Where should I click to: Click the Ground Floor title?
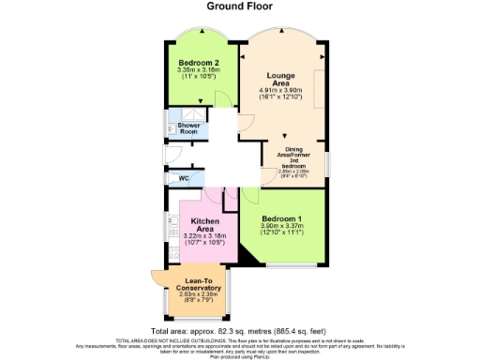[x=240, y=6]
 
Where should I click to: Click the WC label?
[x=184, y=177]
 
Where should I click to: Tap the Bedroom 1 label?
[x=287, y=217]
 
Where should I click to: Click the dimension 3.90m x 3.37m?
[x=287, y=225]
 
